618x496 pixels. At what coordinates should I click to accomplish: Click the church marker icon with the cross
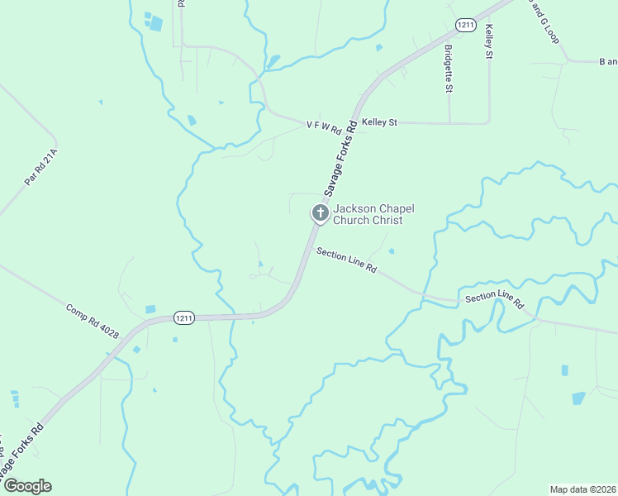coord(320,212)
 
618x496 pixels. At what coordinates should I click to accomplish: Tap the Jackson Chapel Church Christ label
coord(368,215)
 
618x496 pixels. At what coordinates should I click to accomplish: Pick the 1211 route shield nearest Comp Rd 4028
coord(183,317)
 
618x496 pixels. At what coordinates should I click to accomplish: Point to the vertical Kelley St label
coord(489,41)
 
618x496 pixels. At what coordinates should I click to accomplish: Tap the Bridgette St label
coord(449,64)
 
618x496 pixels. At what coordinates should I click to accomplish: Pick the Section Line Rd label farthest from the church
coord(494,300)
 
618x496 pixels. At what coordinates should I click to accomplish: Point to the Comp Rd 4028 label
coord(93,320)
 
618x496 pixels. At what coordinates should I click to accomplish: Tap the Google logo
coord(27,486)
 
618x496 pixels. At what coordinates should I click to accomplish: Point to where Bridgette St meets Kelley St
coord(449,123)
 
